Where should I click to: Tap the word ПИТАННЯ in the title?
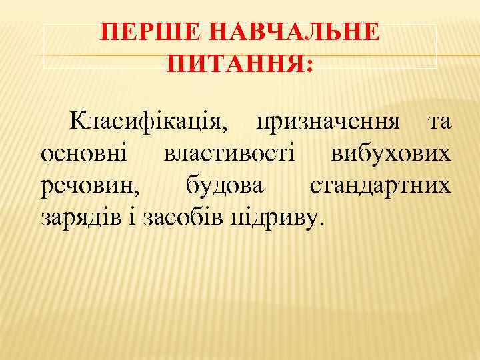[x=234, y=64]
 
